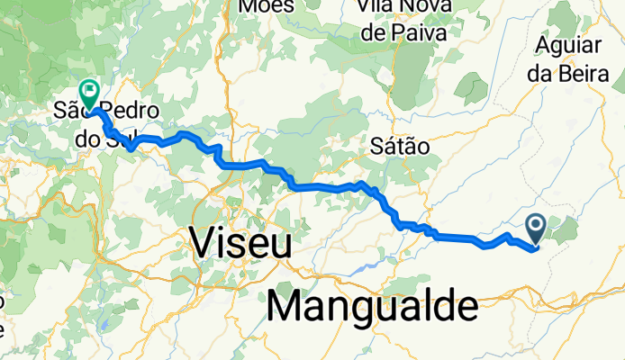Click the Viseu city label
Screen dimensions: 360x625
click(240, 242)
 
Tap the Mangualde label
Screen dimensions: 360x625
click(372, 307)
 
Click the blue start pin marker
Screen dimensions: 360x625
click(535, 228)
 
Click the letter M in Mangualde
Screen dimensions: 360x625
click(287, 308)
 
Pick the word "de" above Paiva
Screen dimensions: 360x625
click(374, 33)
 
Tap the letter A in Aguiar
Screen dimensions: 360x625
click(544, 46)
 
